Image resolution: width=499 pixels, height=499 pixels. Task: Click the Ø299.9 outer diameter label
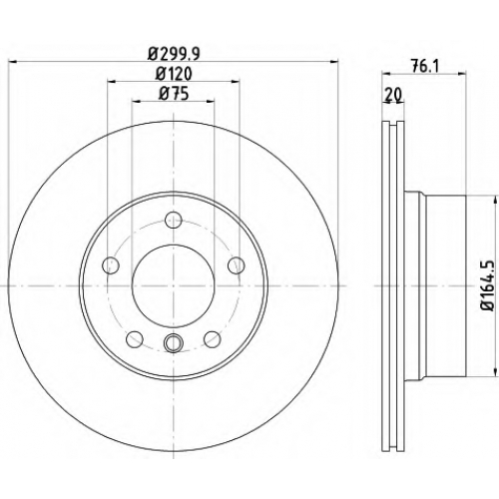tap(174, 53)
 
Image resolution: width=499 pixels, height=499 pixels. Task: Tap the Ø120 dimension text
tap(174, 74)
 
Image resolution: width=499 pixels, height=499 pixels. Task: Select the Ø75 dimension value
tap(174, 93)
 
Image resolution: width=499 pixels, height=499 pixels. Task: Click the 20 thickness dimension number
tap(393, 95)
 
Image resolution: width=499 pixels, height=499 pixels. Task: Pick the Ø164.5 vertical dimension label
tap(488, 286)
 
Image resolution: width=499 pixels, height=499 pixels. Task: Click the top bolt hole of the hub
tap(174, 220)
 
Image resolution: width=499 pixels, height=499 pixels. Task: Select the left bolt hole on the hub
tap(111, 265)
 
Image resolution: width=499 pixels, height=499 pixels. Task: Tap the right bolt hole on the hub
tap(237, 265)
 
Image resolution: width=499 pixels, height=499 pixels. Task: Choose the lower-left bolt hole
tap(135, 339)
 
